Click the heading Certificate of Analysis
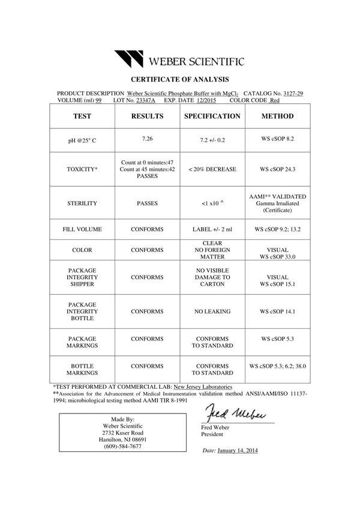click(x=180, y=79)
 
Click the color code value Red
click(x=275, y=101)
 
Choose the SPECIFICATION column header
click(x=212, y=116)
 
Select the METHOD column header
click(x=277, y=116)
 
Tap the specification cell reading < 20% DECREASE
click(x=212, y=170)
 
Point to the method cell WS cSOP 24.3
click(x=277, y=170)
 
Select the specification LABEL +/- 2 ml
click(x=212, y=230)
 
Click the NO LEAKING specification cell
click(x=212, y=312)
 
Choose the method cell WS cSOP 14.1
click(x=277, y=312)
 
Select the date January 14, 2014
click(x=238, y=450)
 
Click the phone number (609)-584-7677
click(x=123, y=447)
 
